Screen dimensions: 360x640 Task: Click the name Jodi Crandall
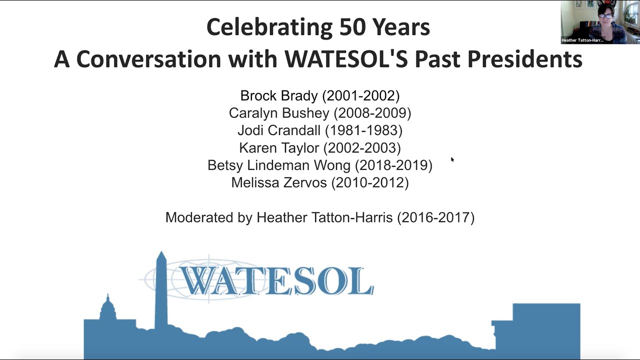tap(279, 130)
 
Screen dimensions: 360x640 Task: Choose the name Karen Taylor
tap(279, 148)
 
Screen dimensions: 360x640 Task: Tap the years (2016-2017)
tap(435, 217)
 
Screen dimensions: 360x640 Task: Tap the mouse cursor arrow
tap(452, 159)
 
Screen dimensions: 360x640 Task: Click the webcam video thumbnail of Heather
tap(600, 20)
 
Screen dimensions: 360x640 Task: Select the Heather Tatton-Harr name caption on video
tap(582, 40)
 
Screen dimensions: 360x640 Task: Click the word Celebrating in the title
tap(269, 27)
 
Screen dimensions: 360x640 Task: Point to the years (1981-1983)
tap(363, 130)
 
